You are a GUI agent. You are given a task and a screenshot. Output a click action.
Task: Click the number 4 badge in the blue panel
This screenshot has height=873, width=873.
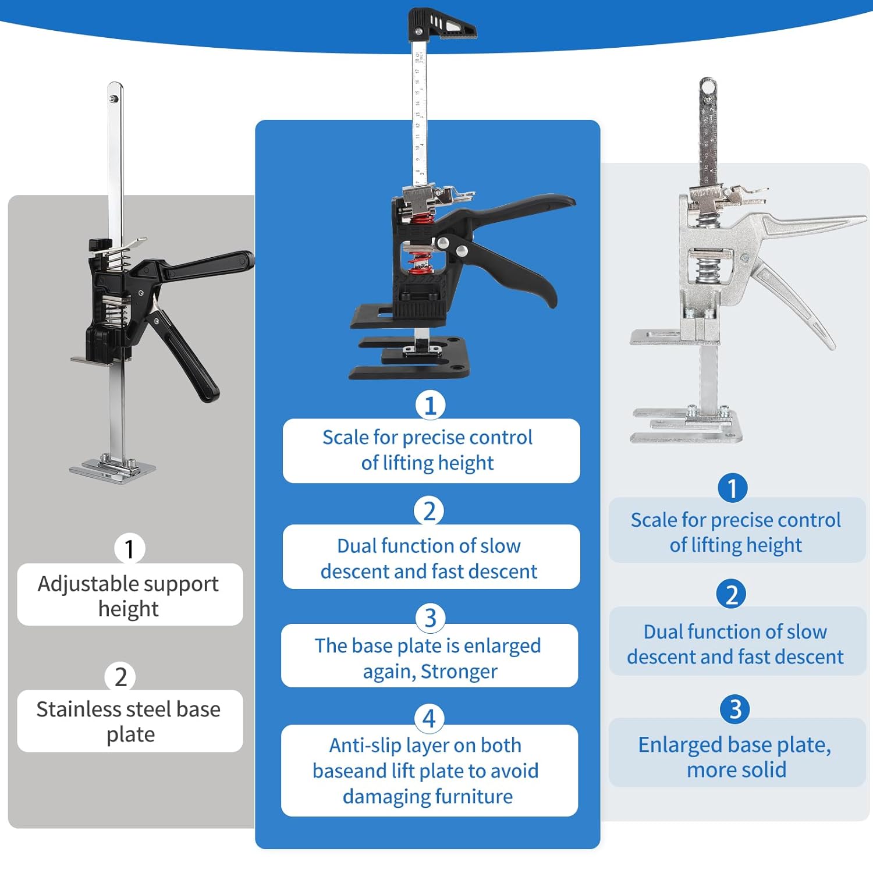pos(429,719)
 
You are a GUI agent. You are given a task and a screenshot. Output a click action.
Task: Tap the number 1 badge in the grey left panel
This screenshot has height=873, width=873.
pos(129,549)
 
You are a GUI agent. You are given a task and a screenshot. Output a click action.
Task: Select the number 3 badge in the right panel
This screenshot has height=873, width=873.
pos(735,709)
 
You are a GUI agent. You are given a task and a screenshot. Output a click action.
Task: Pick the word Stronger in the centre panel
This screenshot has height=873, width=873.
pos(459,672)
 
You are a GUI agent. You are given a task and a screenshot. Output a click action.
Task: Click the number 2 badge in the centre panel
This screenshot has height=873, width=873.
pos(429,511)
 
